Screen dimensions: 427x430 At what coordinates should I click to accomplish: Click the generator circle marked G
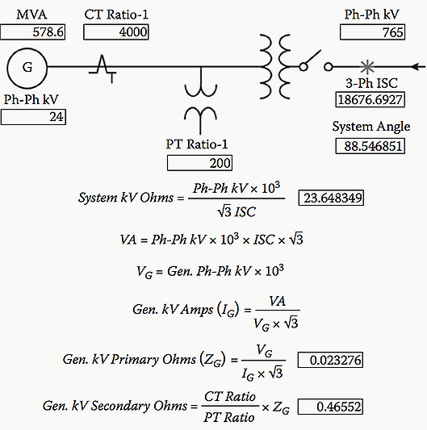[x=27, y=48]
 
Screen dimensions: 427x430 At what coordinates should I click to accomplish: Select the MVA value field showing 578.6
[x=33, y=32]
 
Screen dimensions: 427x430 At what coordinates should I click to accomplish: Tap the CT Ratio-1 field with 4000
[x=116, y=32]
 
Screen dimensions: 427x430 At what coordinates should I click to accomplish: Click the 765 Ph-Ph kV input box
[x=372, y=32]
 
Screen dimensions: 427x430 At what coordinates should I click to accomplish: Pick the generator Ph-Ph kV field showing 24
[x=33, y=117]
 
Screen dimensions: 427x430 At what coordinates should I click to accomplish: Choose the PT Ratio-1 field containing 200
[x=200, y=163]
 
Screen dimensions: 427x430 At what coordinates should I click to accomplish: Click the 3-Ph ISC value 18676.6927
[x=370, y=99]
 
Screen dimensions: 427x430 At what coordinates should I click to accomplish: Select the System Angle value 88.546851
[x=370, y=146]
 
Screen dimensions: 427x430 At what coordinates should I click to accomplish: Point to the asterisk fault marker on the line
[x=367, y=67]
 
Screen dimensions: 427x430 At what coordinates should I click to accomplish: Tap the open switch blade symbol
[x=312, y=58]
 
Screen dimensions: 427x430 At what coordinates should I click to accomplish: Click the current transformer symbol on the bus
[x=103, y=69]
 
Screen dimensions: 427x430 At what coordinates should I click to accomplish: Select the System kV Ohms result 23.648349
[x=331, y=198]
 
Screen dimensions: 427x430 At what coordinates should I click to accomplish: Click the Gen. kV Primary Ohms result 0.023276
[x=330, y=360]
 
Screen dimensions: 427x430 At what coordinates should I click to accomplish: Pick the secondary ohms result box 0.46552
[x=330, y=407]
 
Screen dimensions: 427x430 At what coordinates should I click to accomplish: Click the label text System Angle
[x=371, y=127]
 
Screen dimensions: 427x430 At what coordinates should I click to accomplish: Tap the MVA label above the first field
[x=31, y=15]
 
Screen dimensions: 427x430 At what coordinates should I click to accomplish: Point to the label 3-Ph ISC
[x=371, y=83]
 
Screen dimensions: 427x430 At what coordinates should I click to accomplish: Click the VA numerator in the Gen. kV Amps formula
[x=277, y=301]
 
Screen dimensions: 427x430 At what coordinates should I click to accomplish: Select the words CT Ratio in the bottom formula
[x=230, y=397]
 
